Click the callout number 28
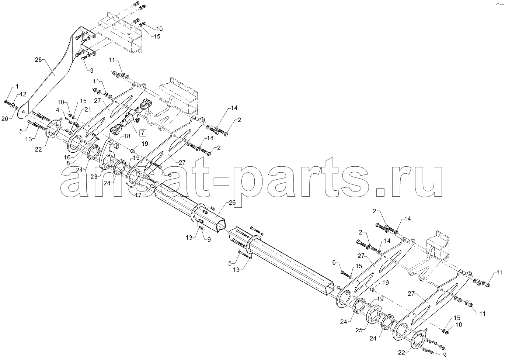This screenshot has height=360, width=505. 38,60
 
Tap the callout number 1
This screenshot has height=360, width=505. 17,86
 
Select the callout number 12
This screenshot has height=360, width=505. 23,94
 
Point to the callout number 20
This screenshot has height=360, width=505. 5,119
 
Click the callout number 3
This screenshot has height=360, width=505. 91,70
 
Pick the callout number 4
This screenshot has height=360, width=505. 58,110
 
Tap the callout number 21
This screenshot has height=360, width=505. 88,110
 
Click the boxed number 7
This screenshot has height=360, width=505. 143,133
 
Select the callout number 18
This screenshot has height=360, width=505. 127,136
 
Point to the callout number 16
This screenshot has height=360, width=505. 67,157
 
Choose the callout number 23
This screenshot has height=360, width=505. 94,177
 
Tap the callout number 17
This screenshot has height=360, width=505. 138,195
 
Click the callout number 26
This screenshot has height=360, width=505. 232,202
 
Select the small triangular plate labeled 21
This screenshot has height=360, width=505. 74,126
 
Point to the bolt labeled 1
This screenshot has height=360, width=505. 7,103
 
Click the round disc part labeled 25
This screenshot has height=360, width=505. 375,315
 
